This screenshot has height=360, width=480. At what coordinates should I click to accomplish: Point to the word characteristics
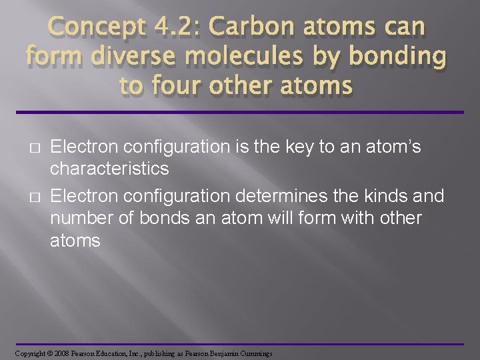click(x=110, y=169)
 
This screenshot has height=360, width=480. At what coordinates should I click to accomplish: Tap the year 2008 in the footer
click(x=62, y=353)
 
